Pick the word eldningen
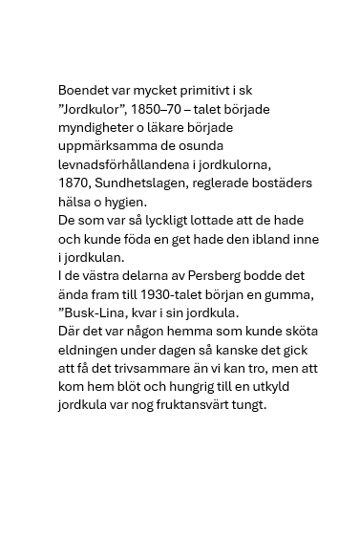(x=91, y=349)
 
